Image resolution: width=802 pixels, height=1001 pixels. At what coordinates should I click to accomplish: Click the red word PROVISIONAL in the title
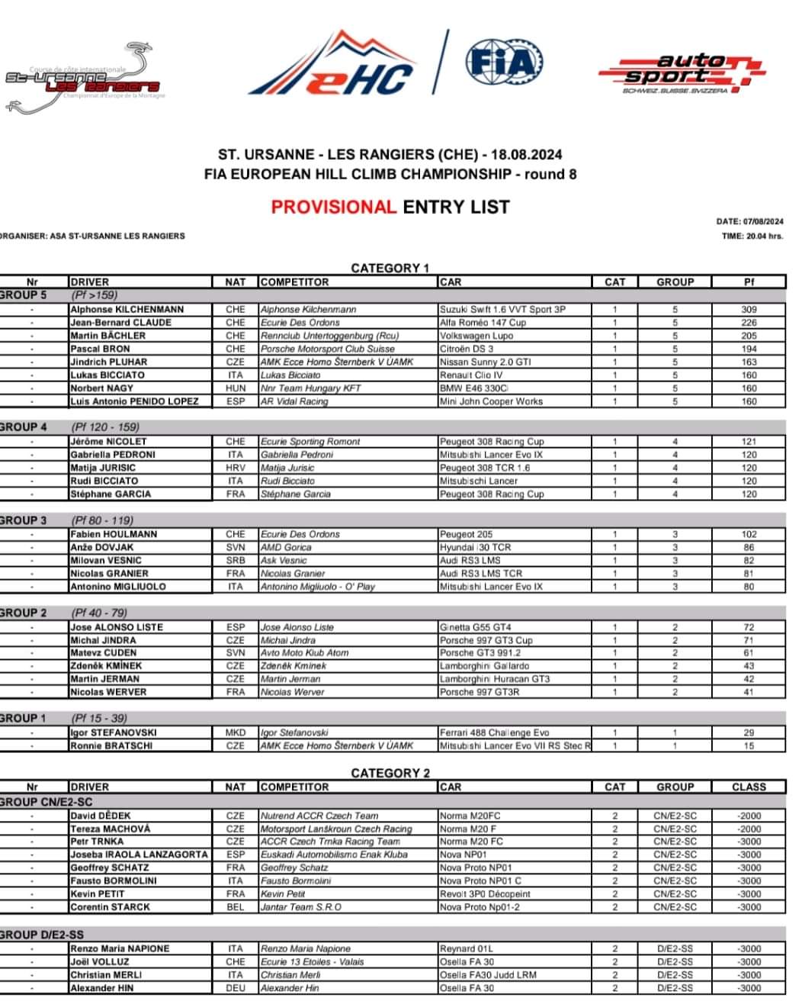tap(334, 207)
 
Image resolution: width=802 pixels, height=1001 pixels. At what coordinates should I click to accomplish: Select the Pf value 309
tap(748, 310)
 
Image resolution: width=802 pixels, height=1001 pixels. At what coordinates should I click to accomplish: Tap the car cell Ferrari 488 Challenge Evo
tap(494, 732)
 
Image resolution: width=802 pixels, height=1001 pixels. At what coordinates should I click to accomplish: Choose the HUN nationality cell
tap(235, 388)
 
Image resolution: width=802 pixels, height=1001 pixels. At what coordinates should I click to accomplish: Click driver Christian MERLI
tap(106, 975)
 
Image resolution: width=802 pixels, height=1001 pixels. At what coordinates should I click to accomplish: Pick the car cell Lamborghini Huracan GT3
tap(494, 679)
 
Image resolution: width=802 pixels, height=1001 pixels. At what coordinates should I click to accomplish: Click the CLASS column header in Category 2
tap(748, 787)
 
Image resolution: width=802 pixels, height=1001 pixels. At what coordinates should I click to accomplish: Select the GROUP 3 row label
tap(24, 520)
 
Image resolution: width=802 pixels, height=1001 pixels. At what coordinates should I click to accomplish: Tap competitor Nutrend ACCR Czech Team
tap(319, 816)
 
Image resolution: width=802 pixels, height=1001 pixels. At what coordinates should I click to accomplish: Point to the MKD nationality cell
tap(235, 732)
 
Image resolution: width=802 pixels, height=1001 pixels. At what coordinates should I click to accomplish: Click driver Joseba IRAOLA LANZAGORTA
tap(139, 855)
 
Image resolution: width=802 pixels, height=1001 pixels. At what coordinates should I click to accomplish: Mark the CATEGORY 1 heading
tap(390, 268)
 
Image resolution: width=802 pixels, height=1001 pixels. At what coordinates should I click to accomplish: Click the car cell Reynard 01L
tap(467, 948)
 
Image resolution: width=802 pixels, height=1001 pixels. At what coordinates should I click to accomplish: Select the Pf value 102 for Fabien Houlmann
tap(748, 534)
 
